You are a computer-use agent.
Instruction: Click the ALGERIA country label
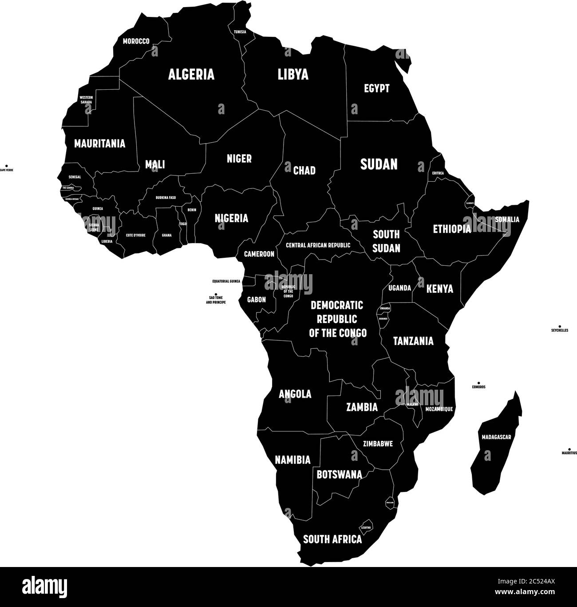(191, 74)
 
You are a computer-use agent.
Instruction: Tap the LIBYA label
(293, 74)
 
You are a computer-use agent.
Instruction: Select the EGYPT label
(377, 88)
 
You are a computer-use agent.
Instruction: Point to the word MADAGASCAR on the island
(496, 437)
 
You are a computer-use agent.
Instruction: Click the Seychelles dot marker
(560, 326)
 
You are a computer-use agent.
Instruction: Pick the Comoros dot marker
(478, 383)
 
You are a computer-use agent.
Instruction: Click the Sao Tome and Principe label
(216, 300)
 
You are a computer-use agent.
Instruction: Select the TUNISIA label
(240, 32)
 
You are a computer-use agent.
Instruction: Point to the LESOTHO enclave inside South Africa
(367, 527)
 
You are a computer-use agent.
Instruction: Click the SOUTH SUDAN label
(386, 241)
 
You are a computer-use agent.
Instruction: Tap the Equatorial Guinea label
(226, 281)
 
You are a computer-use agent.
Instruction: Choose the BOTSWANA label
(339, 474)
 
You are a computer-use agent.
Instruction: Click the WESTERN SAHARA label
(86, 100)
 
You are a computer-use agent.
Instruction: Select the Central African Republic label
(318, 245)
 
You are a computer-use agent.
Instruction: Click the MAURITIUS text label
(569, 453)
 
